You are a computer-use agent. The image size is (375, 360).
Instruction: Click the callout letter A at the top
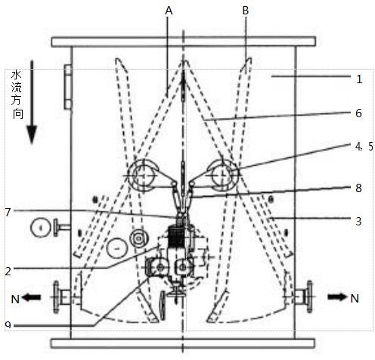[169, 11]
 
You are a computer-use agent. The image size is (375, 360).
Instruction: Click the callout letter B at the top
[245, 11]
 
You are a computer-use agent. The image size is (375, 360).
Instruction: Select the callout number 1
[359, 79]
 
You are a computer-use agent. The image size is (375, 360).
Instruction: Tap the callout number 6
[358, 113]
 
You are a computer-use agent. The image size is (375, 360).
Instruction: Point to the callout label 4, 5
[364, 147]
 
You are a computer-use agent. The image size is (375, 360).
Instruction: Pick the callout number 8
[358, 188]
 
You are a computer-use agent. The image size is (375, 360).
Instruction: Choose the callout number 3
[358, 221]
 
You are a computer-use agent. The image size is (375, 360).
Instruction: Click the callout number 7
[8, 212]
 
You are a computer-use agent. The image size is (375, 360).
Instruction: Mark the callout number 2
[8, 271]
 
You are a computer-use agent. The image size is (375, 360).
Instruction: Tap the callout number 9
[8, 325]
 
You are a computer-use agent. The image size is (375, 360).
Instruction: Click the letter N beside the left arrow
[15, 299]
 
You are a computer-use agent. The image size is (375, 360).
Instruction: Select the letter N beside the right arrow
[355, 299]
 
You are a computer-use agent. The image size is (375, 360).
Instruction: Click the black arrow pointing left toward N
[31, 297]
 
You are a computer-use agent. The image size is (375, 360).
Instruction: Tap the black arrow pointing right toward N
[337, 297]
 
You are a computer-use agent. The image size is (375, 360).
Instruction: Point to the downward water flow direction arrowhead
[32, 135]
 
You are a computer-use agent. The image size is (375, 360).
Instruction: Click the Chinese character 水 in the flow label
[17, 75]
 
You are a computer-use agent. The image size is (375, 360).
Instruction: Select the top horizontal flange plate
[184, 42]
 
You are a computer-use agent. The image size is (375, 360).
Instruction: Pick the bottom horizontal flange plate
[183, 343]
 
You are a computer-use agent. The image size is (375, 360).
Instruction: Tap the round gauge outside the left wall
[40, 228]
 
